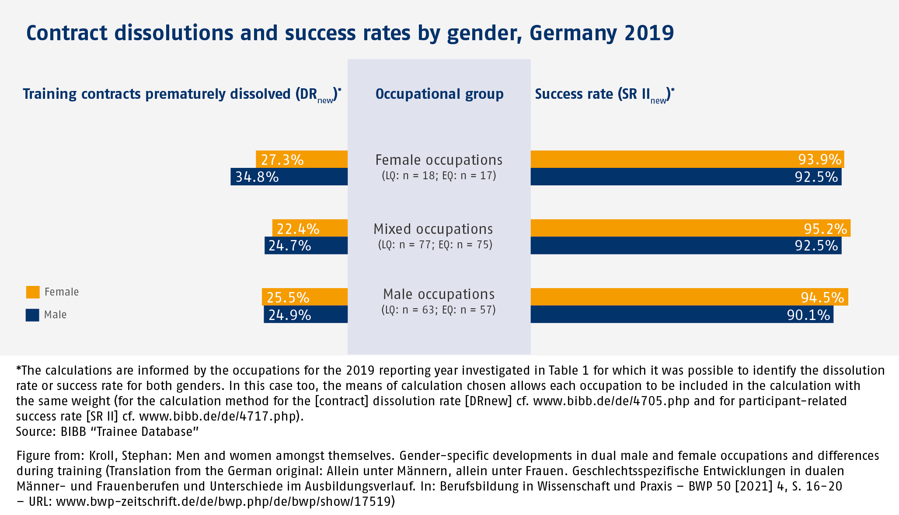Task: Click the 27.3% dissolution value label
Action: click(282, 160)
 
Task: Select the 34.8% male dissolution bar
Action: click(289, 177)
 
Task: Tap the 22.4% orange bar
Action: click(310, 228)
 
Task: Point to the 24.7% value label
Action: click(289, 246)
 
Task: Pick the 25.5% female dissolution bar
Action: click(305, 297)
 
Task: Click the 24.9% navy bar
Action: click(306, 314)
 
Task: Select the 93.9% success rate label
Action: click(819, 160)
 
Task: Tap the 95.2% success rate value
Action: click(825, 229)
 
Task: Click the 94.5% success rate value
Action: click(822, 297)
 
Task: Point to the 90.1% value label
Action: click(808, 315)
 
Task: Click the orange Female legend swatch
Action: click(33, 292)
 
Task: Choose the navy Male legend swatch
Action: click(32, 315)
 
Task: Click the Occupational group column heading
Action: click(439, 94)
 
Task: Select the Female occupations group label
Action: click(439, 160)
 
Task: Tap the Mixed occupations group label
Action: click(433, 229)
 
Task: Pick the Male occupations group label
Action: click(439, 294)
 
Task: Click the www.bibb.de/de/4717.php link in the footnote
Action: click(218, 416)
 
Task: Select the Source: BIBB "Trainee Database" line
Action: click(107, 431)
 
